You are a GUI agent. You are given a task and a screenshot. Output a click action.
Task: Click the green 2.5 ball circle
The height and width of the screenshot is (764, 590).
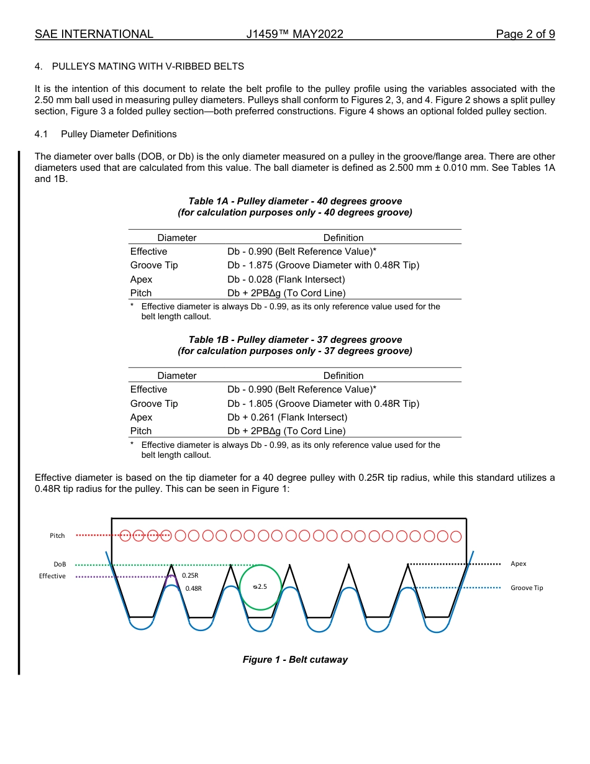tap(261, 587)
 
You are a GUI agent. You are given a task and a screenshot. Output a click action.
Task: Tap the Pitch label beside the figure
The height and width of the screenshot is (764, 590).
tap(57, 535)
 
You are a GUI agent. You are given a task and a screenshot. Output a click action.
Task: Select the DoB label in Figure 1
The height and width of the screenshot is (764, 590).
tap(60, 564)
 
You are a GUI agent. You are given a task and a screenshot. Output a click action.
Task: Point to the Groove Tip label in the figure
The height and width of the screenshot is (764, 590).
tap(527, 588)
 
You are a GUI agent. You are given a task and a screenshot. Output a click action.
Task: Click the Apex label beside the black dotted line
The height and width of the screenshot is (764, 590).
tap(518, 563)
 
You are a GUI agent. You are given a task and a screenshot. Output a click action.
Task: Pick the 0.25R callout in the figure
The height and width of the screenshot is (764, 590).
tap(189, 575)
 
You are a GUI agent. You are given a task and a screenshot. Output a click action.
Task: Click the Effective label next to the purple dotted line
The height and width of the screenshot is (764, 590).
tap(52, 576)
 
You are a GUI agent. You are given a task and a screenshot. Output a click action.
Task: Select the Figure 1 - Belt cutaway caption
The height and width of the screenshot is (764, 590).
tap(295, 660)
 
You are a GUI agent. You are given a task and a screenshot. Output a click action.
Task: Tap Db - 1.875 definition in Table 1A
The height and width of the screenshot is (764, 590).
tap(323, 265)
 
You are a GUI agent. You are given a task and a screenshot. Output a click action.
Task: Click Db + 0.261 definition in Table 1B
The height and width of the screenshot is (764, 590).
tap(287, 417)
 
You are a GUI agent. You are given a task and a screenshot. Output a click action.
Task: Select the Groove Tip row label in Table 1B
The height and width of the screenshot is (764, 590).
tap(154, 404)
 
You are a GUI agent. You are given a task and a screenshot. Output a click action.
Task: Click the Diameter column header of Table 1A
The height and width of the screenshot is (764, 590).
tap(176, 238)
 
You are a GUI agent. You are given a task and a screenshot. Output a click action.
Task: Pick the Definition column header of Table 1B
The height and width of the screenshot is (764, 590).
tap(343, 376)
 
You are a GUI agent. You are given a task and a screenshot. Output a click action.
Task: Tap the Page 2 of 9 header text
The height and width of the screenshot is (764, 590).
tap(525, 34)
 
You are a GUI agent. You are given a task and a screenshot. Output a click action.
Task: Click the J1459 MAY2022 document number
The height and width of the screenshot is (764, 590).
tap(294, 34)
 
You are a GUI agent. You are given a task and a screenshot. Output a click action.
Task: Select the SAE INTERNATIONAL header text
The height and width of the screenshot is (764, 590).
tap(94, 34)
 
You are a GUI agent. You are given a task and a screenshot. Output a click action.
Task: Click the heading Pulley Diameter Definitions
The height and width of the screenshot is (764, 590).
tap(119, 134)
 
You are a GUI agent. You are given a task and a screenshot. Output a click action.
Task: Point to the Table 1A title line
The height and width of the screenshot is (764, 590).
tap(295, 201)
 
